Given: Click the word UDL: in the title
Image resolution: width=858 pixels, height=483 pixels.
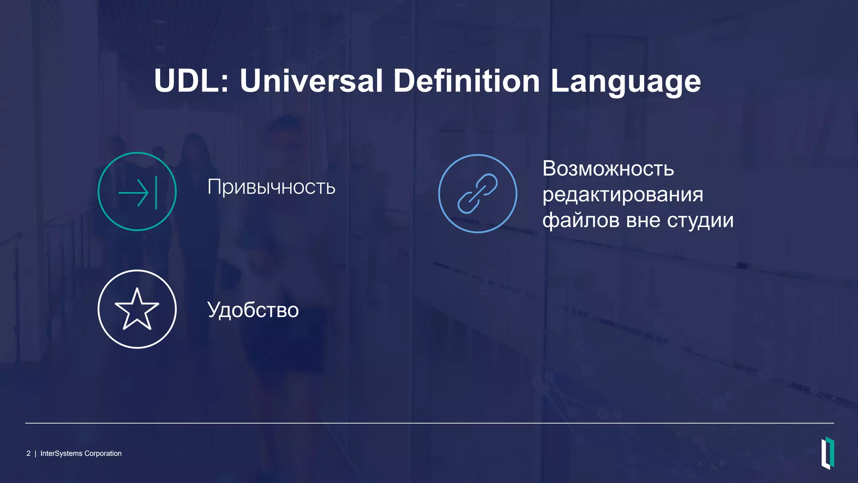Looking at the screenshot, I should coord(191,80).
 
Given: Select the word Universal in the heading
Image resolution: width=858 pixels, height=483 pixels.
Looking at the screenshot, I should coord(311,80).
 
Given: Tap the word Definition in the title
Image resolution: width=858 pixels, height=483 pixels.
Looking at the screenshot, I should coord(466,80).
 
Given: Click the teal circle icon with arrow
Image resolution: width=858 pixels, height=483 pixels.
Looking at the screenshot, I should coord(137,191).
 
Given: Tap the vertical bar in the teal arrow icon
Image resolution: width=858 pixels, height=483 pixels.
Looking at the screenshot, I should coord(156,193).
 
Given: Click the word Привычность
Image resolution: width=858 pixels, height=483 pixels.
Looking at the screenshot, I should coord(271,187).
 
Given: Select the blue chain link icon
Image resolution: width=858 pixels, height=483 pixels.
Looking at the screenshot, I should coord(478,193).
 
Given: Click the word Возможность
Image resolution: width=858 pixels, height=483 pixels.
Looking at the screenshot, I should coord(608,169).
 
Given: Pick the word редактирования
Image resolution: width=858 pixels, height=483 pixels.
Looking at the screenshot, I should coord(623,195).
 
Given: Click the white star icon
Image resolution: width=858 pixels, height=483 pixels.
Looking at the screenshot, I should coord(137,309).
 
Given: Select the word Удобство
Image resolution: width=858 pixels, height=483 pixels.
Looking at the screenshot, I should coord(253,310).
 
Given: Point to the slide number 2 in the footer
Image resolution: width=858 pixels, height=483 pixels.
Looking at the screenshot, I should coord(28,453).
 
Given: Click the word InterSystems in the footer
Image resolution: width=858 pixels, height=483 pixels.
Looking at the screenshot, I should coord(61,453).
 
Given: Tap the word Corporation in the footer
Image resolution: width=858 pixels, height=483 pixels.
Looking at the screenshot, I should coord(103,453).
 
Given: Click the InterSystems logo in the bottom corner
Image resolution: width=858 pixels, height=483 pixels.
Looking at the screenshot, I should coord(827,453).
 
